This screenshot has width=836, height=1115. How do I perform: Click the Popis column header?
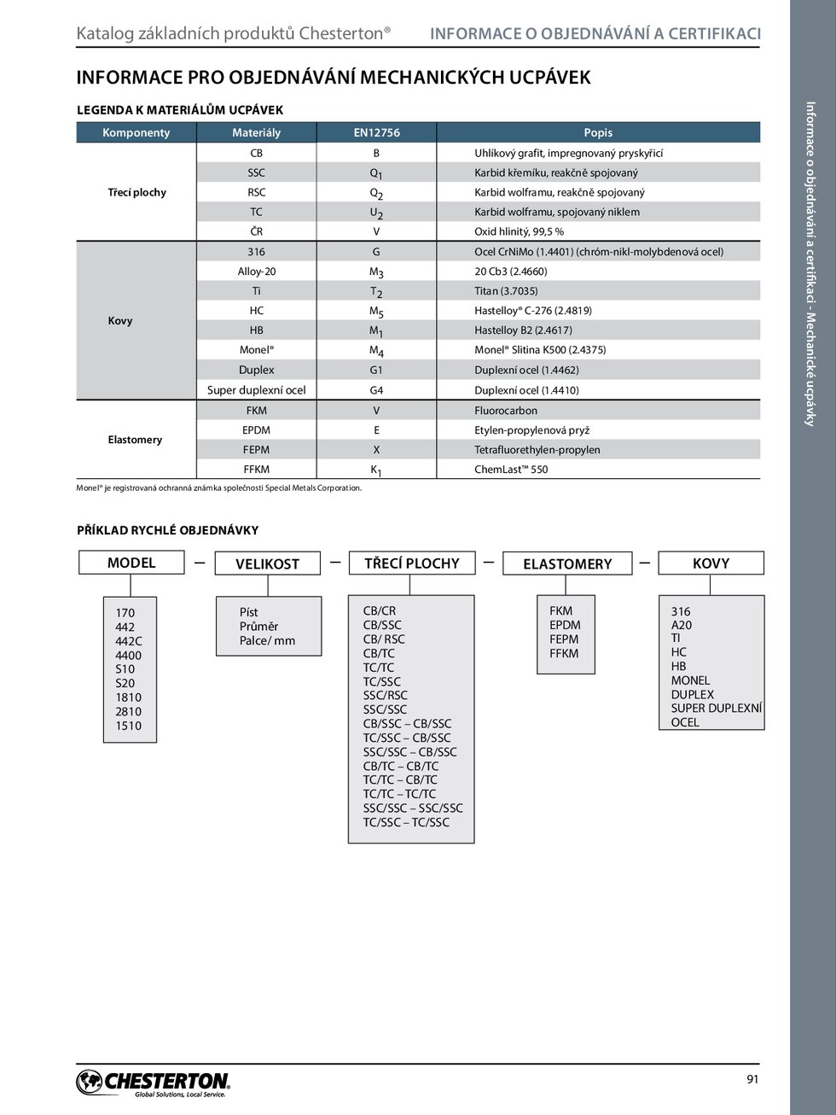[598, 132]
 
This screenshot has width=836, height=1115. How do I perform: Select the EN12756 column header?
[376, 132]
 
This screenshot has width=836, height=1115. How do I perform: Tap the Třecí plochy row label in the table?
[136, 192]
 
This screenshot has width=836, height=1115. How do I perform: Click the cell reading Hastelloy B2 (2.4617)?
[523, 330]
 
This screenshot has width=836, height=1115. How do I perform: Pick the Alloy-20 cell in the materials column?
[256, 271]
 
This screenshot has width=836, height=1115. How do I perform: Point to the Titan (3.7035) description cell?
[506, 291]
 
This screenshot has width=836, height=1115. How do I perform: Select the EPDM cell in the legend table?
[256, 430]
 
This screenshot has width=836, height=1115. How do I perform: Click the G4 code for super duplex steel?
[376, 390]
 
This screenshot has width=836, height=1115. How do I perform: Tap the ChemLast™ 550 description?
[511, 470]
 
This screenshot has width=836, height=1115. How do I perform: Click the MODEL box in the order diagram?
[131, 563]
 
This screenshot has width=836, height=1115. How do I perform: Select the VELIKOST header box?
[267, 563]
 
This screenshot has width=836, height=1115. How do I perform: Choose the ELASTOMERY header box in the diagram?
[567, 563]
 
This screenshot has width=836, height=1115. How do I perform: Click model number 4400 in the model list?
[129, 656]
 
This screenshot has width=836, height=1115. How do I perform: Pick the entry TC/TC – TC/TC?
[399, 794]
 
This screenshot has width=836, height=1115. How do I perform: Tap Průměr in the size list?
[258, 627]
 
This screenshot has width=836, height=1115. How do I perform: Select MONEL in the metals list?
[690, 680]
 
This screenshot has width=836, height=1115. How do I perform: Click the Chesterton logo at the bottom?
[154, 1083]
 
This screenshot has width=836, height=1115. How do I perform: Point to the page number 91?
[752, 1079]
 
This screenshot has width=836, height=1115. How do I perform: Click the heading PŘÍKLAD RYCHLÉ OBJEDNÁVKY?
[167, 530]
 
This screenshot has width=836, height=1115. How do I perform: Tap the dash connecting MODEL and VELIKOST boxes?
[200, 563]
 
